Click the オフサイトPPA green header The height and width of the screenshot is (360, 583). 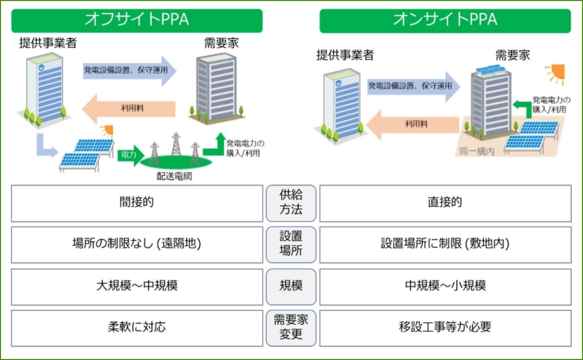tap(136, 20)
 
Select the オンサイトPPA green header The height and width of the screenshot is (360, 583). tap(445, 20)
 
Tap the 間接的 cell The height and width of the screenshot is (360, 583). tap(136, 203)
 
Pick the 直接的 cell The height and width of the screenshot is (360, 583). tap(445, 203)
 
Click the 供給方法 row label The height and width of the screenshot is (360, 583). tap(291, 203)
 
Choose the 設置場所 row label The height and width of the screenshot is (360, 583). tap(291, 245)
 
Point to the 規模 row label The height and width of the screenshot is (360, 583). tap(291, 286)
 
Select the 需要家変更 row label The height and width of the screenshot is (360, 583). tap(291, 328)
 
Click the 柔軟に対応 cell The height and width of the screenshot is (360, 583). tap(136, 328)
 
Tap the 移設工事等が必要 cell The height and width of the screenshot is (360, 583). tap(445, 328)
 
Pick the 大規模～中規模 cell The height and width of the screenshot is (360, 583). tap(136, 286)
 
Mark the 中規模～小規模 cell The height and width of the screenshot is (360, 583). tap(445, 286)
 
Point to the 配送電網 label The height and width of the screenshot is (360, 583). tap(174, 177)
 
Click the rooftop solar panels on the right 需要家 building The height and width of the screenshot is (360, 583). tap(488, 70)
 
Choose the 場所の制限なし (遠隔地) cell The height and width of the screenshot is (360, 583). tap(136, 245)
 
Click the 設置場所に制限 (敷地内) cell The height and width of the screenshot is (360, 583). tap(445, 245)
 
